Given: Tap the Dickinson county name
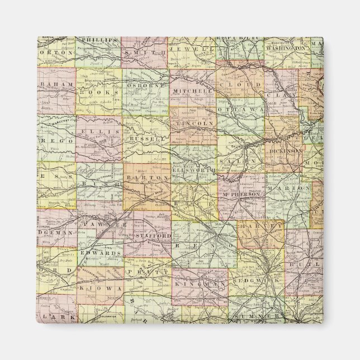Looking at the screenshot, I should tap(285, 151).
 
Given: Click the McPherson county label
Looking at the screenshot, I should tap(241, 195).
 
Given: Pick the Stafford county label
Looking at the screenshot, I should tap(152, 236).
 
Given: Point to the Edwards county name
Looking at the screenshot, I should tap(102, 253).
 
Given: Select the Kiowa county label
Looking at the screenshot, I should tap(93, 288).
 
